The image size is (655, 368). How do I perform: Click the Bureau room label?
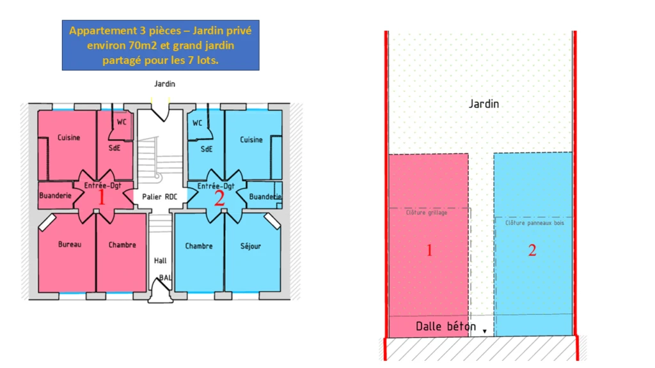(70, 245)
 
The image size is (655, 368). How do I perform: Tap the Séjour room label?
(251, 246)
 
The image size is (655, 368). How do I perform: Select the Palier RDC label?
(159, 197)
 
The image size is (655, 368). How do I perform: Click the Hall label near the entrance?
(160, 261)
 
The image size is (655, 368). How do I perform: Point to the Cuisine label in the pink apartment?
(69, 138)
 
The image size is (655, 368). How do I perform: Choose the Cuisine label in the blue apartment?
(251, 140)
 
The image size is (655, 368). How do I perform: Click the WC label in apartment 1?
(122, 122)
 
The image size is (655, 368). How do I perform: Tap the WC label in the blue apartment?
(197, 123)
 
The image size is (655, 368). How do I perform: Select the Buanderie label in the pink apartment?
(55, 195)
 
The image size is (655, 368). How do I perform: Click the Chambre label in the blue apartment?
(199, 246)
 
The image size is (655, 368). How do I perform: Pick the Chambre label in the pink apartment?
(122, 245)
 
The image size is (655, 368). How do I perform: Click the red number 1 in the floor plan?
(102, 197)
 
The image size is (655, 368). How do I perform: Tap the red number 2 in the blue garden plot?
(532, 250)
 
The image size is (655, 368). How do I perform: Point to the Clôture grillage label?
(427, 213)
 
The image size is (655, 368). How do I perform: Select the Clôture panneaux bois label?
(535, 223)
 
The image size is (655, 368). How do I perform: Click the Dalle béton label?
(446, 326)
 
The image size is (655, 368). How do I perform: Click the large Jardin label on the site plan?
(484, 104)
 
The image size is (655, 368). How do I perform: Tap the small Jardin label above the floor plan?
(164, 84)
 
